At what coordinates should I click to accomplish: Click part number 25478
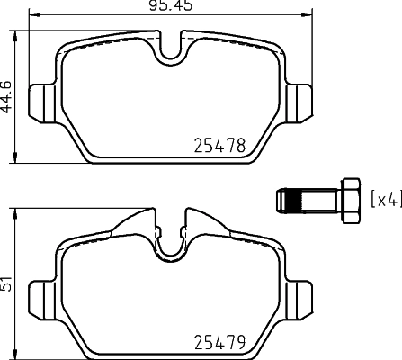221,145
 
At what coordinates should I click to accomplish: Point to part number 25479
221,342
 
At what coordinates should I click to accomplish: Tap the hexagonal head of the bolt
347,197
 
